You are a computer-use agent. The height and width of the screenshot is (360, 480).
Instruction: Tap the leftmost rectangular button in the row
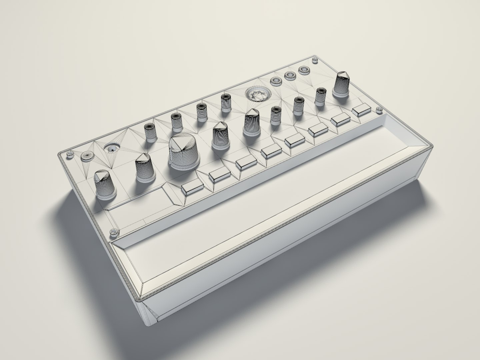coord(192,188)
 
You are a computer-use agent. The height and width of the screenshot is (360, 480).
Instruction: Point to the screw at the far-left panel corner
coord(70,154)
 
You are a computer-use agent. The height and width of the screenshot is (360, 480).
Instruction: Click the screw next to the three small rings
coord(314,60)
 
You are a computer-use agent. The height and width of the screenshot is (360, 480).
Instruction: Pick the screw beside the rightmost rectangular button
coord(379,110)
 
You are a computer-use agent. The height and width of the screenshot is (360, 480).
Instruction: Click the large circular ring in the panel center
coord(257,94)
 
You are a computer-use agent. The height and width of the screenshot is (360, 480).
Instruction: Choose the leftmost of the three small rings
coord(276,80)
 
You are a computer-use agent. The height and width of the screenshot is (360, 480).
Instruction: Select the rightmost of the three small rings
coord(304,70)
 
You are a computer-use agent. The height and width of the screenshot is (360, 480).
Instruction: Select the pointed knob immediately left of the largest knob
coord(145,169)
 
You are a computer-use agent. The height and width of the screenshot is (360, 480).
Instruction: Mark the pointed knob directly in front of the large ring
coord(252,122)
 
